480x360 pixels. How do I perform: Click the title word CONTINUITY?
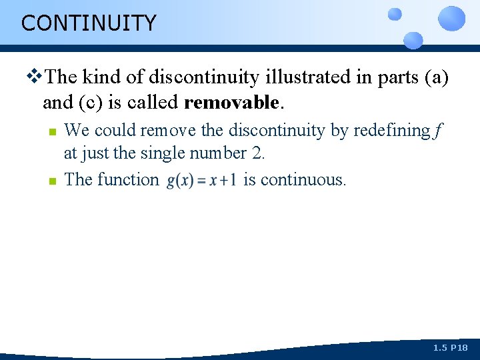pyautogui.click(x=89, y=23)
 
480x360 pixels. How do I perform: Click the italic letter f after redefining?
pyautogui.click(x=437, y=131)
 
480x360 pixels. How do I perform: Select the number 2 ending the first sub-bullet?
pyautogui.click(x=257, y=153)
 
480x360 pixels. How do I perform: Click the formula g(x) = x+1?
pyautogui.click(x=201, y=181)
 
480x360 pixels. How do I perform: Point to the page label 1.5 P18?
pyautogui.click(x=451, y=348)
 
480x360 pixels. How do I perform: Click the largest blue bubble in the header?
pyautogui.click(x=451, y=18)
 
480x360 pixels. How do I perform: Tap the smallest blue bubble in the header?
pyautogui.click(x=395, y=13)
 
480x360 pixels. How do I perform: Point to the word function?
pyautogui.click(x=128, y=179)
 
